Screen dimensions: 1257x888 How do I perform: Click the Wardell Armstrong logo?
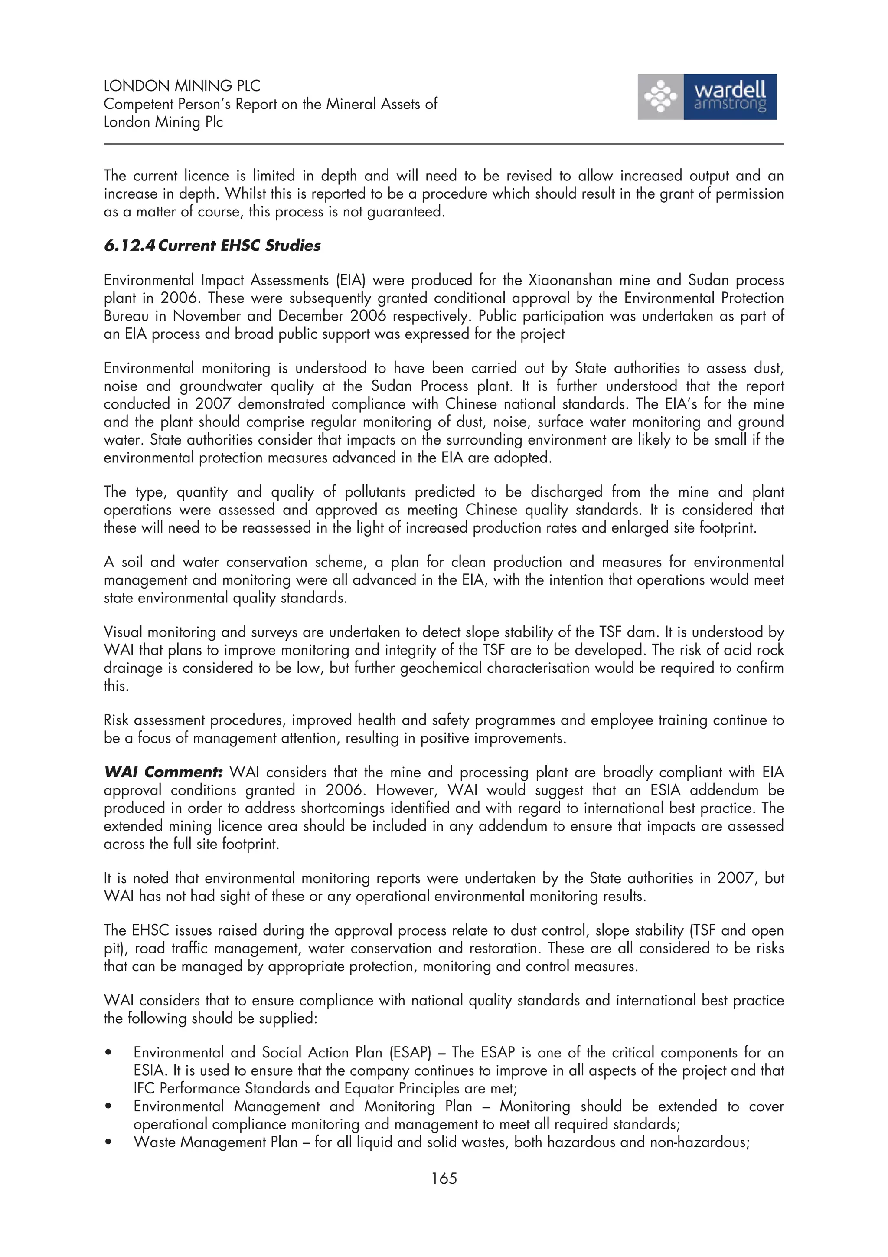pos(706,97)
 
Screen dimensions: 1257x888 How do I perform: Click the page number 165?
pos(443,1178)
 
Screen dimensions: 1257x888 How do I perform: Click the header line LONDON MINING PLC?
pos(182,86)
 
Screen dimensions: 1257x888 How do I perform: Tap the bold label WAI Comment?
pos(163,773)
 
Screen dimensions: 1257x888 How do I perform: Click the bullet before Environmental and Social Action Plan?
pos(109,1053)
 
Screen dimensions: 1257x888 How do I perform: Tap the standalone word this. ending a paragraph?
pos(116,686)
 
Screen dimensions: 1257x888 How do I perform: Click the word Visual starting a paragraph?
pos(123,632)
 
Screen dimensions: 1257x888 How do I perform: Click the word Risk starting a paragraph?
pos(117,720)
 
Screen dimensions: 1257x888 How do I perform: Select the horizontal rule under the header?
pos(443,144)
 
